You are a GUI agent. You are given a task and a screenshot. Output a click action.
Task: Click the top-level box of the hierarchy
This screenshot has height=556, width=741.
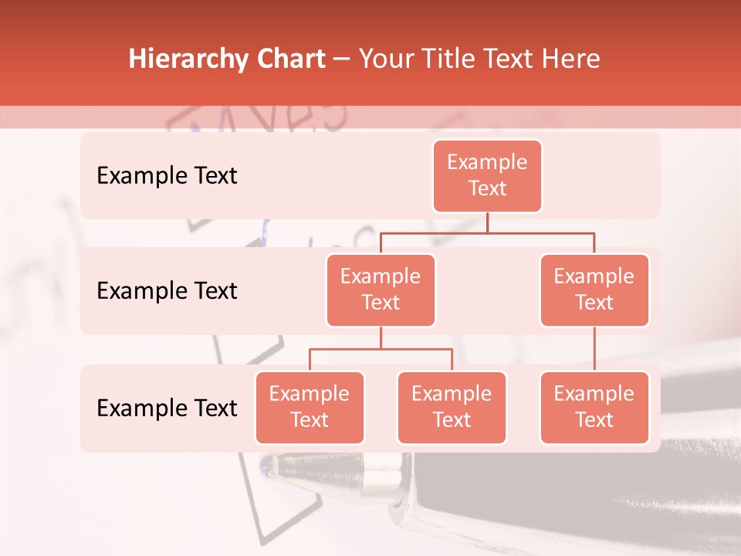(x=487, y=175)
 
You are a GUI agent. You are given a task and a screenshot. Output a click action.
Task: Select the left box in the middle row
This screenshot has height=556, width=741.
(x=381, y=290)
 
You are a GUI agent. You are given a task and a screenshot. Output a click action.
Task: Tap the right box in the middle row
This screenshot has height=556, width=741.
(x=594, y=290)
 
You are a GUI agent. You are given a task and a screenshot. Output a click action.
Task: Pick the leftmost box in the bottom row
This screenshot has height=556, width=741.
(x=310, y=407)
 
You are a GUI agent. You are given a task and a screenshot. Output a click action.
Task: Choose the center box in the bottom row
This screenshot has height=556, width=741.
(x=452, y=407)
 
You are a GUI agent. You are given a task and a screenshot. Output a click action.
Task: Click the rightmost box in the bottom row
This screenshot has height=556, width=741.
(x=594, y=407)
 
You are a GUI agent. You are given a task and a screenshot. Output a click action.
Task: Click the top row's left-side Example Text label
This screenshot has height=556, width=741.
(x=167, y=176)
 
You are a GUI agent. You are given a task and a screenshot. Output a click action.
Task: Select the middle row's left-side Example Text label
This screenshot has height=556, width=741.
(x=167, y=291)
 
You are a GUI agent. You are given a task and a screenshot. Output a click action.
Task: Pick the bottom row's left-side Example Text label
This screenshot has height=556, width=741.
(x=167, y=409)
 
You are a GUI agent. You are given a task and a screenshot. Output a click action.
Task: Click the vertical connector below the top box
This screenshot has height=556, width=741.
(x=487, y=222)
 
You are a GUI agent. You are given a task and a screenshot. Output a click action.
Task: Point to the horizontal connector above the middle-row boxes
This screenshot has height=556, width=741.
(x=487, y=232)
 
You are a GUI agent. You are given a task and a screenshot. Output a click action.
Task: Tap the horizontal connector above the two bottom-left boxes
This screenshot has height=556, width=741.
(x=381, y=349)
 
